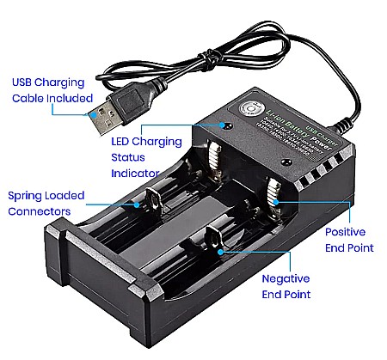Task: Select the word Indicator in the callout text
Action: click(x=136, y=173)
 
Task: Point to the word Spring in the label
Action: click(x=26, y=195)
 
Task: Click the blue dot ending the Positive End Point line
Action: click(x=276, y=200)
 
